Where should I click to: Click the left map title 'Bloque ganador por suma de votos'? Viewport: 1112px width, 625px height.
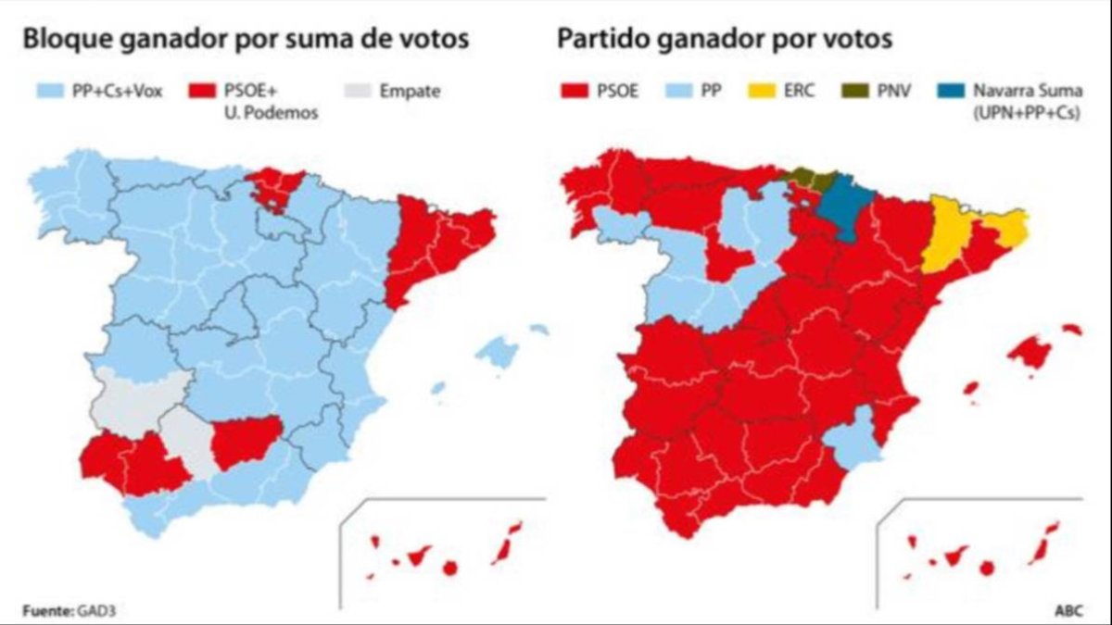pos(246,40)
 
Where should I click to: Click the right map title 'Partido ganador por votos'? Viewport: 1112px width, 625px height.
pos(725,40)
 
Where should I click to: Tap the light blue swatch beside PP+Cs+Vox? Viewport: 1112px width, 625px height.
pos(50,91)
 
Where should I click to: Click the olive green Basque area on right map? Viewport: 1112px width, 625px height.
pos(804,179)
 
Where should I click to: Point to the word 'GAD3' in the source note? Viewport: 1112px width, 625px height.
pos(96,610)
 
